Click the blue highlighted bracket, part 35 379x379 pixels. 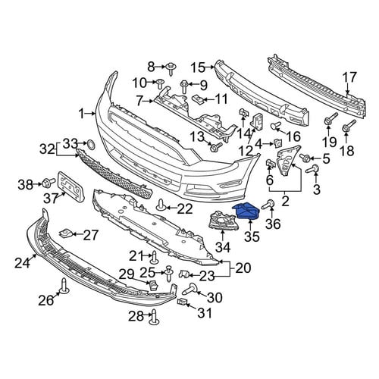coord(246,211)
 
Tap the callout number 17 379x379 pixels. coord(349,77)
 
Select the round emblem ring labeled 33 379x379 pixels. coord(91,144)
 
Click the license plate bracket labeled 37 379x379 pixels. coord(71,186)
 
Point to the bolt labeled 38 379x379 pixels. coord(49,181)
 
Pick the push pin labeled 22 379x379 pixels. coord(161,205)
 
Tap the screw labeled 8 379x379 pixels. coord(171,68)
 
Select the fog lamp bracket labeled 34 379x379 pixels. coord(223,221)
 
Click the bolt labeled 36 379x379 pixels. coord(268,205)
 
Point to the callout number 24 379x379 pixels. coord(22,263)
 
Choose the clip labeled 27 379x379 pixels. coord(65,233)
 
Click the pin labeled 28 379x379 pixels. coord(155,318)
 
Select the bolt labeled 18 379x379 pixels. coord(349,126)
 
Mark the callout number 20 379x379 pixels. coord(243,268)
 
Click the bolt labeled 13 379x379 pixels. coord(215,147)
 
